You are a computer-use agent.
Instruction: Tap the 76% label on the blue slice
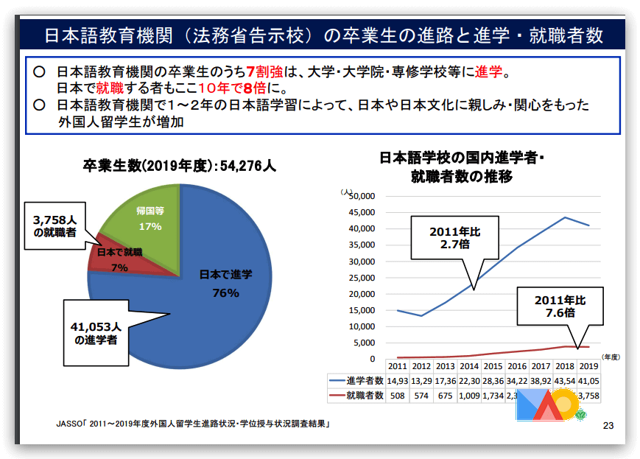[x=225, y=292]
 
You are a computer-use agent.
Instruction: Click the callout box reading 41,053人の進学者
[x=95, y=332]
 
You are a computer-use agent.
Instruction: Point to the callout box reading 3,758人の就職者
[x=55, y=227]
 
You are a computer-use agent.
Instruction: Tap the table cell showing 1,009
[x=468, y=396]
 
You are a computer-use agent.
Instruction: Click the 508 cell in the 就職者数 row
[x=398, y=396]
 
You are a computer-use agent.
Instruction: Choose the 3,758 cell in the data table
[x=589, y=396]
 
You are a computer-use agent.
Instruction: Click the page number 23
[x=608, y=425]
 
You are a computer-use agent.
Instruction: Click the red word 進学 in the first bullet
[x=488, y=72]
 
